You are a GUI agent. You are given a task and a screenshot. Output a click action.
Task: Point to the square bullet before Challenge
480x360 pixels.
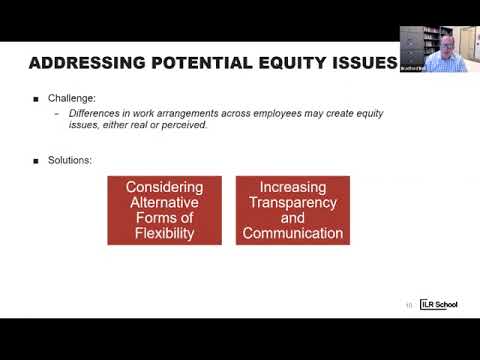pyautogui.click(x=37, y=99)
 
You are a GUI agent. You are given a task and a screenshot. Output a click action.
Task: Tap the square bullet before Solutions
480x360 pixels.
pyautogui.click(x=37, y=160)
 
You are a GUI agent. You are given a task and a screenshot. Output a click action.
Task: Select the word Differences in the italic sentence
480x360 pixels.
pyautogui.click(x=93, y=113)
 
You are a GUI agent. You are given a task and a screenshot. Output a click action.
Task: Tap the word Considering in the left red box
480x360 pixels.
pyautogui.click(x=164, y=187)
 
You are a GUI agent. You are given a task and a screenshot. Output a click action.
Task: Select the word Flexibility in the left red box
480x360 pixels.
pyautogui.click(x=164, y=234)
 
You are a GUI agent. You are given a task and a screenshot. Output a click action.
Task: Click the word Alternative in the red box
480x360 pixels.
pyautogui.click(x=164, y=203)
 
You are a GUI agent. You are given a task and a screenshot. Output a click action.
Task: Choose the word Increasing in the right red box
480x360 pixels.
pyautogui.click(x=292, y=187)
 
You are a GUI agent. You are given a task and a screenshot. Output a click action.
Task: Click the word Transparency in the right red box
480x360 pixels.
pyautogui.click(x=292, y=203)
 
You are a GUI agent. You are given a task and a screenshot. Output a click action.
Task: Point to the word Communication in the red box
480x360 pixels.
pyautogui.click(x=292, y=234)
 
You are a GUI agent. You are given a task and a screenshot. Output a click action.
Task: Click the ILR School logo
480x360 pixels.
pyautogui.click(x=438, y=304)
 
